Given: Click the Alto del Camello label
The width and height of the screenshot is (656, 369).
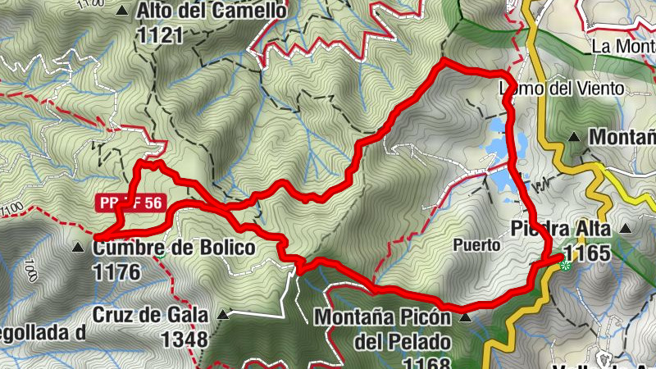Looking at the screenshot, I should (x=212, y=11).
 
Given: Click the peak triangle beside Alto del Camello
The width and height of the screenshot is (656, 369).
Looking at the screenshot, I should (x=123, y=11).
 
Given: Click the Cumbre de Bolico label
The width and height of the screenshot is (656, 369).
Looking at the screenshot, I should (x=174, y=248).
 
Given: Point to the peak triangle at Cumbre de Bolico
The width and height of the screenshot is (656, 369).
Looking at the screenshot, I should (x=79, y=247).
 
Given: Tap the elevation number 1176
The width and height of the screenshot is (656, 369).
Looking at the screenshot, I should (x=117, y=271).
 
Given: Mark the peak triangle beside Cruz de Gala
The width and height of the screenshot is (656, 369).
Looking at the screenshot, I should (x=223, y=313).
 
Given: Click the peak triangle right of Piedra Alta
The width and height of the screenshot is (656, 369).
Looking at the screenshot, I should (x=628, y=228).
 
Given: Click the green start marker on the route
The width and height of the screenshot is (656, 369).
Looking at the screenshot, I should (x=564, y=263).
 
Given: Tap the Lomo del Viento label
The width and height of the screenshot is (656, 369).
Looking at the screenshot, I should (x=562, y=88).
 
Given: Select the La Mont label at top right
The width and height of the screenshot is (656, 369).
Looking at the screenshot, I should (x=622, y=47).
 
